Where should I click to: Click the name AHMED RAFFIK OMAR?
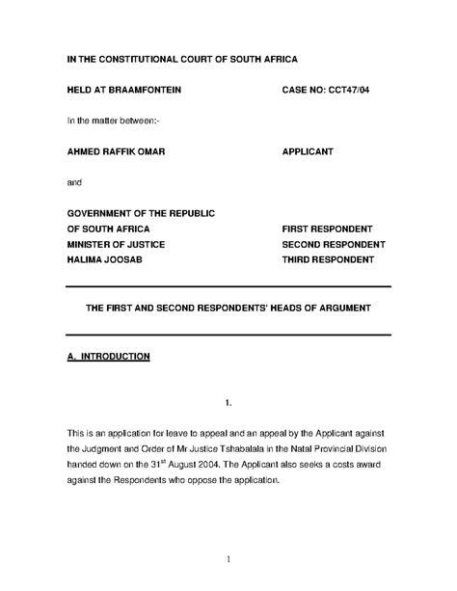[x=119, y=151]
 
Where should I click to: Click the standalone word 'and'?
[x=74, y=182]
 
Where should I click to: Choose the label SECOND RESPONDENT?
[x=332, y=245]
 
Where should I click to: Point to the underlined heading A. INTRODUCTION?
[x=107, y=357]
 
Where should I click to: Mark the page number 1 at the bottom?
[x=228, y=560]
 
